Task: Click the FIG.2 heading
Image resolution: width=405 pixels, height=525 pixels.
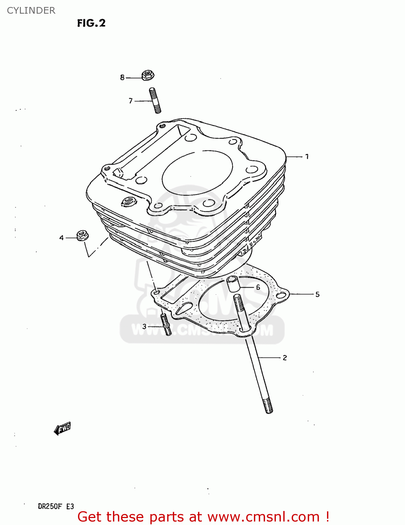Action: pos(91,23)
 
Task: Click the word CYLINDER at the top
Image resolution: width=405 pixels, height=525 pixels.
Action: pos(31,10)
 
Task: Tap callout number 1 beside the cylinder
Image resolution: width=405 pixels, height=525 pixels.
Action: pos(307,156)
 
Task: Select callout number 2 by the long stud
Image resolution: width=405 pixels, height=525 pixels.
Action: pos(285,358)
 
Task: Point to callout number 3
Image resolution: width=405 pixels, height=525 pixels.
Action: pos(144,327)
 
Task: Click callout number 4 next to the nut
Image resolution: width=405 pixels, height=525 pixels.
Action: pos(62,238)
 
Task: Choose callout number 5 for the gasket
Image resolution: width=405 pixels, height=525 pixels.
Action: pos(317,294)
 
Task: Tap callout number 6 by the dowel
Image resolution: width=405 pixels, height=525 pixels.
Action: pos(258,287)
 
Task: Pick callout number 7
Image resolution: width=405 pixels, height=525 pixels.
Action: pos(131,101)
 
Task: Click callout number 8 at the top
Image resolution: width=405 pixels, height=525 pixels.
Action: pos(122,77)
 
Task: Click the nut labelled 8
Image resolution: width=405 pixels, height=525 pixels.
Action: pos(148,75)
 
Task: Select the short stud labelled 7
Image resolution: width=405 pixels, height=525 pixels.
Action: pos(155,100)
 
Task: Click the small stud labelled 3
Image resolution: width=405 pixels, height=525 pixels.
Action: pos(166,325)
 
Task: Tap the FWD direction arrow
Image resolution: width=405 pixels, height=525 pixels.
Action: pos(63,428)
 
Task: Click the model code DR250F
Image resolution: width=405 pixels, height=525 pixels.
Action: pos(50,506)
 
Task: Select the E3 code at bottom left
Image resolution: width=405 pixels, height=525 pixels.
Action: pos(70,506)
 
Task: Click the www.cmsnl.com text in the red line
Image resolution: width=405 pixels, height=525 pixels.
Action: pos(263,517)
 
